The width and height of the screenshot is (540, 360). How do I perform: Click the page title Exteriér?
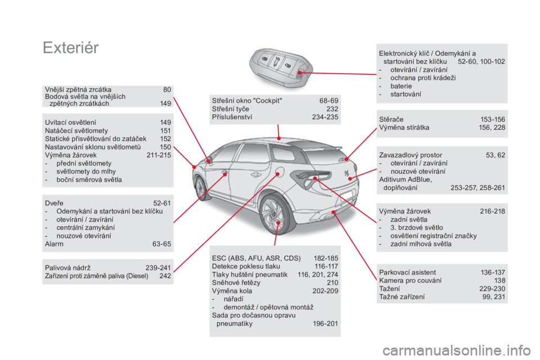point(71,48)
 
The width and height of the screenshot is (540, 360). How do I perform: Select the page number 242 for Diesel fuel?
point(165,276)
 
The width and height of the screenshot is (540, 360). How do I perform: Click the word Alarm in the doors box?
point(54,244)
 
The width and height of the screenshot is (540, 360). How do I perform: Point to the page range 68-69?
point(328,101)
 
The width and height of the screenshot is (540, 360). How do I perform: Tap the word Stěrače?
point(391,120)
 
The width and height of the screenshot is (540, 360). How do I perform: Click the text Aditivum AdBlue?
point(406,179)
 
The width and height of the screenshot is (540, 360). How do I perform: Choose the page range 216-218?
point(493,211)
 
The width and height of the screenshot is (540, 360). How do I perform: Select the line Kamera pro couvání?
point(410,281)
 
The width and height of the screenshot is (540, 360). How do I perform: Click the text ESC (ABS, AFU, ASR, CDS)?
point(256,258)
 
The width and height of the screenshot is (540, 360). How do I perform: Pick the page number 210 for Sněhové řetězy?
point(332,283)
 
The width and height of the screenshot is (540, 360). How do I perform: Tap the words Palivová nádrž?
point(68,268)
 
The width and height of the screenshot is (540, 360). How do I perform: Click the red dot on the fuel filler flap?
point(278,174)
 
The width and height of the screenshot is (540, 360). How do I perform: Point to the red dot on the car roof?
point(279,138)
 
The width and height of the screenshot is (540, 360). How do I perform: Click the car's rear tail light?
point(311,177)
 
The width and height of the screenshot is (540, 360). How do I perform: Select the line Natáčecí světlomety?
point(76,131)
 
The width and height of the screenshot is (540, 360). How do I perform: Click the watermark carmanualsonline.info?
point(456,351)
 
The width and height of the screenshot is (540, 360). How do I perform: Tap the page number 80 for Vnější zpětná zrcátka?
point(167,89)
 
